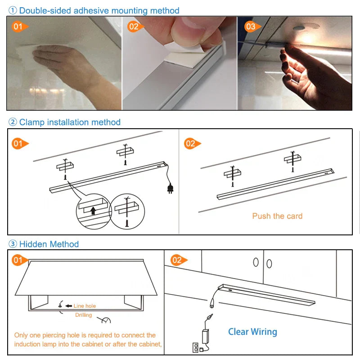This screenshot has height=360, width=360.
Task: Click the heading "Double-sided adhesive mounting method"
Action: pyautogui.click(x=99, y=10)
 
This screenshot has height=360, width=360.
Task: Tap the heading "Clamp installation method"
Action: pyautogui.click(x=70, y=122)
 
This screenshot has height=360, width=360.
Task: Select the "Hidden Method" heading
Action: pyautogui.click(x=49, y=244)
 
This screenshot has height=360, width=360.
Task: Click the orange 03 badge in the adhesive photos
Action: pyautogui.click(x=251, y=27)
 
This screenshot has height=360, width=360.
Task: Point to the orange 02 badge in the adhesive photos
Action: pyautogui.click(x=134, y=27)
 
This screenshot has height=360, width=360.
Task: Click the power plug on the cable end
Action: pyautogui.click(x=170, y=188)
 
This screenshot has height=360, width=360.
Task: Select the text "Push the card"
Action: pyautogui.click(x=277, y=216)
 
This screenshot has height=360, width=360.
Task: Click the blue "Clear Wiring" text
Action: pyautogui.click(x=252, y=332)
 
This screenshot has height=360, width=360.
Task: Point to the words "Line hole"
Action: pyautogui.click(x=85, y=306)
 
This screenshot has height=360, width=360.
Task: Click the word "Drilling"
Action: pyautogui.click(x=83, y=315)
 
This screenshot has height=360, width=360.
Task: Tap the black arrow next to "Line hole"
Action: pyautogui.click(x=68, y=306)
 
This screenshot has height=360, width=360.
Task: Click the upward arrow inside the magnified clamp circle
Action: pyautogui.click(x=93, y=210)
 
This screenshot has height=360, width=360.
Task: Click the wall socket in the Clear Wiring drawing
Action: pyautogui.click(x=195, y=347)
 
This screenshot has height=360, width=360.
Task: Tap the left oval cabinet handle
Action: pyautogui.click(x=256, y=262)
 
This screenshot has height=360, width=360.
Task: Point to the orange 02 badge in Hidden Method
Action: pyautogui.click(x=177, y=260)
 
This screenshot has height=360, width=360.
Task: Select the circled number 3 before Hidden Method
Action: pyautogui.click(x=13, y=244)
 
